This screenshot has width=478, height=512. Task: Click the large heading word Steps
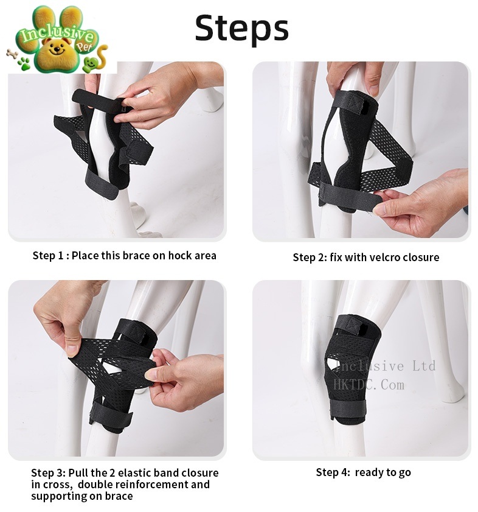241,28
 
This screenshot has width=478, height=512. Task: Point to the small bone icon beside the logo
12,54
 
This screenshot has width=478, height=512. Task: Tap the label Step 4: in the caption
333,472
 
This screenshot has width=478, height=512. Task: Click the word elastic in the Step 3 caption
134,473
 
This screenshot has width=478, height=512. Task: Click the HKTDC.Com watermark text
369,385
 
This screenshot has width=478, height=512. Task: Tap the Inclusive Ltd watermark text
385,366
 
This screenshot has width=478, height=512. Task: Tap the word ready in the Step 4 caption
369,472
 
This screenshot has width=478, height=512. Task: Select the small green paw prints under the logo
24,63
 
